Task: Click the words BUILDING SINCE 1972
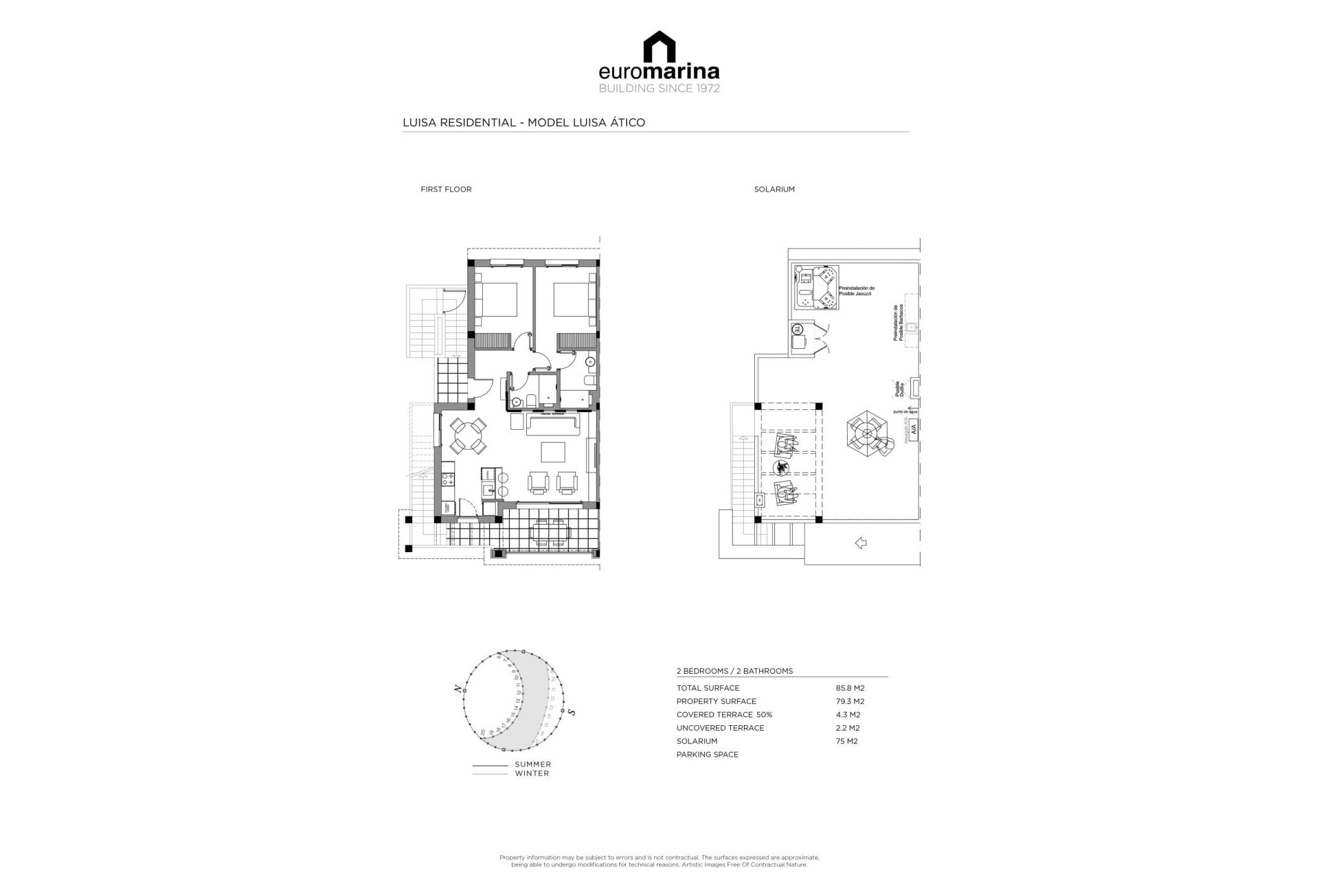tap(659, 89)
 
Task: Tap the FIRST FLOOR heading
tap(446, 190)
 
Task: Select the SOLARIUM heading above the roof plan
tap(774, 190)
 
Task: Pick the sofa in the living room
tap(553, 425)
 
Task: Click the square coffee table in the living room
tap(553, 453)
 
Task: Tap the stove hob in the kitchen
tap(447, 476)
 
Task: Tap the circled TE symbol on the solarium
tap(799, 329)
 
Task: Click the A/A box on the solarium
tap(914, 429)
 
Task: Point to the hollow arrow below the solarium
tap(860, 543)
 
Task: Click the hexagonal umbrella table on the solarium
tap(867, 433)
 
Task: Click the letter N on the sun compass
tap(456, 689)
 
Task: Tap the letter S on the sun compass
tap(571, 712)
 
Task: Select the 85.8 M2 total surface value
tap(850, 688)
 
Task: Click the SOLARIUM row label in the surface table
tap(697, 741)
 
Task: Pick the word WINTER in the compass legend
tap(532, 773)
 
